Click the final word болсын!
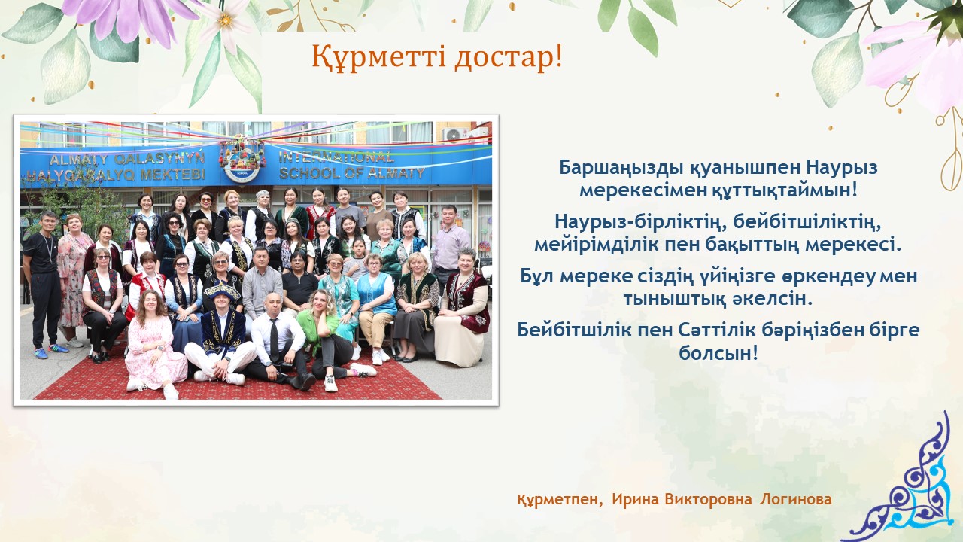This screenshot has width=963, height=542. pyautogui.click(x=718, y=353)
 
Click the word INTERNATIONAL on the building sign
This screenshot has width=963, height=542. pyautogui.click(x=336, y=157)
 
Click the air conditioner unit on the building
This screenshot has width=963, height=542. pyautogui.click(x=457, y=135)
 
